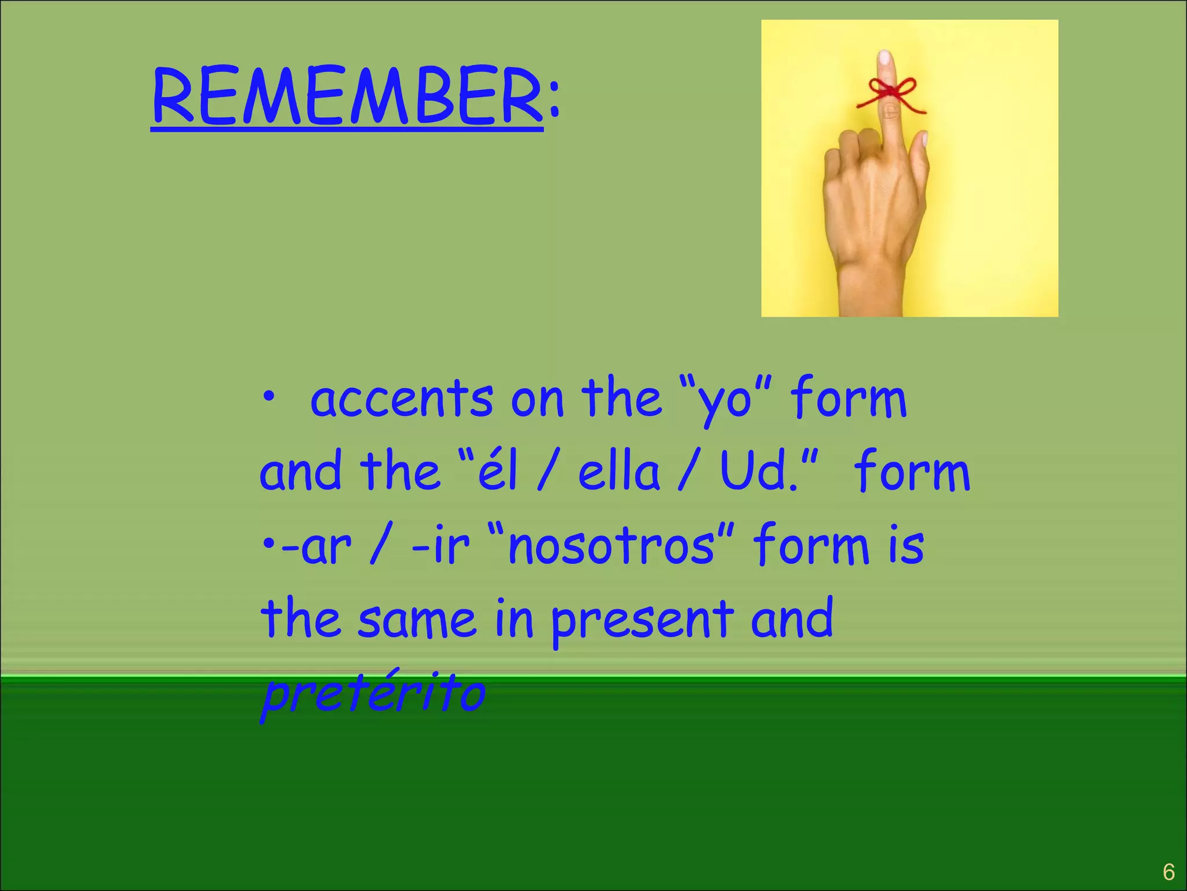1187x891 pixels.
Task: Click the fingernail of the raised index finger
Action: pos(884,58)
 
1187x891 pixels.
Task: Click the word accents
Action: pos(401,400)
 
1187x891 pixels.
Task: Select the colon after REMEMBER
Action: pos(555,100)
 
